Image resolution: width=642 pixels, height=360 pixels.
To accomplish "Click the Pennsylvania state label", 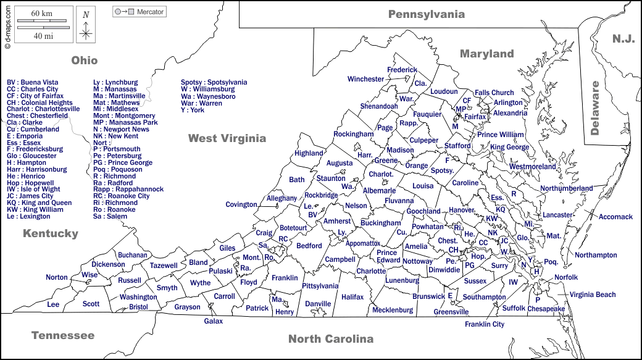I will (426, 14).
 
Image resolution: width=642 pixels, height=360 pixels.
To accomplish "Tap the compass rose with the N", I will (86, 26).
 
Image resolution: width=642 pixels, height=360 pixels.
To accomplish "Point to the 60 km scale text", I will (41, 14).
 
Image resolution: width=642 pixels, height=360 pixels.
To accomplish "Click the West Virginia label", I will (227, 138).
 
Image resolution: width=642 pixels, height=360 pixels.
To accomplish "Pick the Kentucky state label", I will (51, 233).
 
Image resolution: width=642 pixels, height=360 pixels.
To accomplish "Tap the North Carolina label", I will (331, 338).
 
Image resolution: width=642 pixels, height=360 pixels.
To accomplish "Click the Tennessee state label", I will (63, 335).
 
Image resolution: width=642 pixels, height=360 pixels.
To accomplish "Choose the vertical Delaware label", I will (595, 108).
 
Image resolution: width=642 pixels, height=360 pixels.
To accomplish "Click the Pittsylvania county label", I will (320, 286).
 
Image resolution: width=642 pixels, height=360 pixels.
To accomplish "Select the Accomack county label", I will (615, 217).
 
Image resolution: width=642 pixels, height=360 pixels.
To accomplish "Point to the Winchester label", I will (365, 79).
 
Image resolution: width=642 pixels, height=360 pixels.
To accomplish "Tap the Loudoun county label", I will (444, 91).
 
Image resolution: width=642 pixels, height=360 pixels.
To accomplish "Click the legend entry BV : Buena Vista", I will (33, 82).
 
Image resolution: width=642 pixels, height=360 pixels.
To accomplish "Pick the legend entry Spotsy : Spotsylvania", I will (214, 82).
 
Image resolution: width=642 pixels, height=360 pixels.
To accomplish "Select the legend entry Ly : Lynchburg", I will (115, 82).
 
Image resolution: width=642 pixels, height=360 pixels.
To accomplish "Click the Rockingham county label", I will (354, 134).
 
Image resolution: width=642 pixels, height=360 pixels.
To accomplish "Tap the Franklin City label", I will (485, 324).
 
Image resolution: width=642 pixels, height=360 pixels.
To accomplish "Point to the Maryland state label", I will (486, 54).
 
